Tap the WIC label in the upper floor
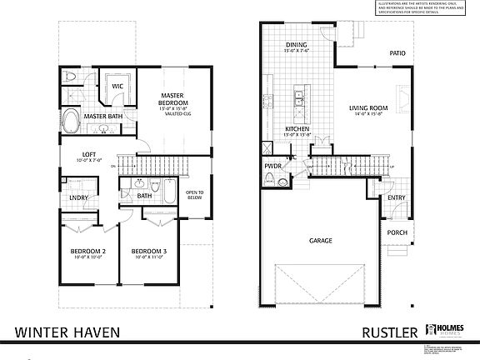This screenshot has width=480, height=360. [x=117, y=85]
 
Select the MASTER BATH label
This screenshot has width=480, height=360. [x=102, y=117]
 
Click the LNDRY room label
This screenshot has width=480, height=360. [x=78, y=197]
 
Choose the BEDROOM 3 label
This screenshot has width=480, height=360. [x=149, y=251]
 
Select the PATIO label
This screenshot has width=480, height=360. [x=397, y=53]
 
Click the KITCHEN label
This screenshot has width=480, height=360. [x=297, y=129]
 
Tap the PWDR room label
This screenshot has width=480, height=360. [x=273, y=166]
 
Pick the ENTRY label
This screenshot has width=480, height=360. [x=396, y=197]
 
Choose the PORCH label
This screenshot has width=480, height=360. [x=396, y=232]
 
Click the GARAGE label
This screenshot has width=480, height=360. [x=320, y=241]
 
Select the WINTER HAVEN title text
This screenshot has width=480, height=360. [x=67, y=332]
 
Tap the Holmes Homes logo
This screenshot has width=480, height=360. [x=443, y=331]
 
